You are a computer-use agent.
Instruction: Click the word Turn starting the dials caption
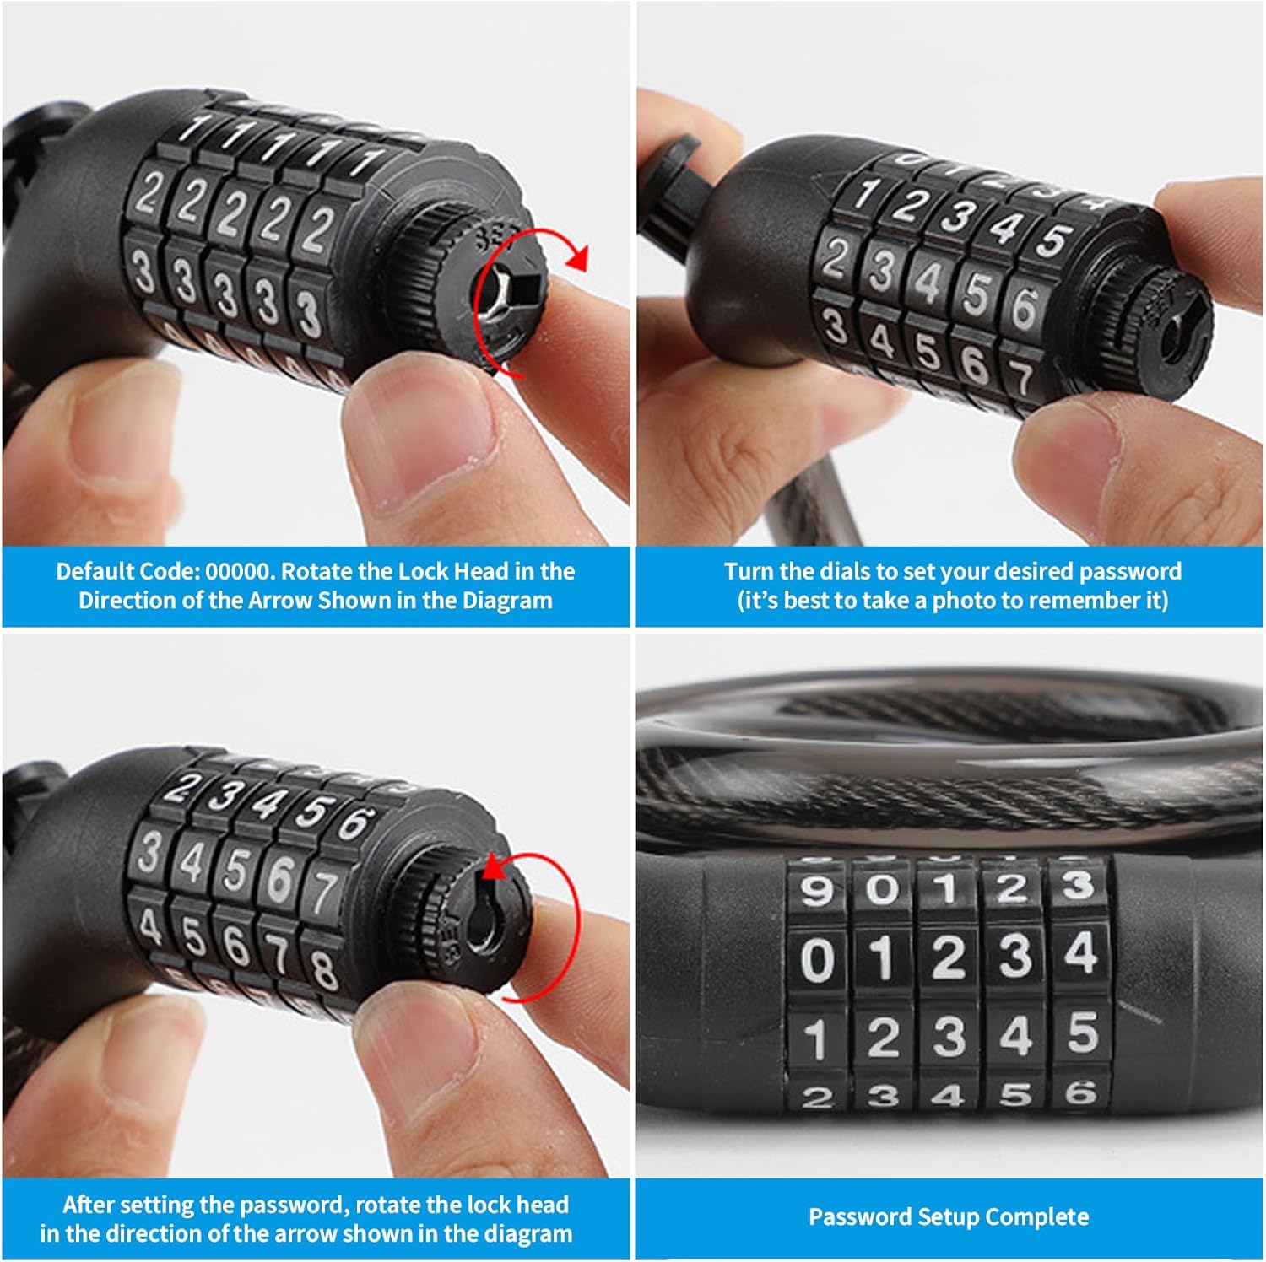tap(749, 572)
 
